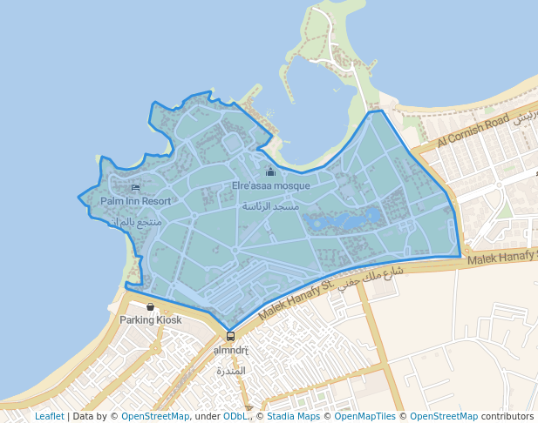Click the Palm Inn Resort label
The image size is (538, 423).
pos(135,201)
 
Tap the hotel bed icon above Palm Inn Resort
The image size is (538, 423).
pos(135,187)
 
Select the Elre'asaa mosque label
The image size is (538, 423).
pos(270,185)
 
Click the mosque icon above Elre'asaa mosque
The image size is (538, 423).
pos(270,171)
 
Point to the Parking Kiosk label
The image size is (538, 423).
pos(151,320)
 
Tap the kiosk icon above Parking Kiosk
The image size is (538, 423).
pos(151,306)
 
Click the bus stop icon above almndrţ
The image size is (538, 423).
pos(230,336)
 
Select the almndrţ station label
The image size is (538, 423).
pos(231,350)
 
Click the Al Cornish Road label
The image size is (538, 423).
pos(473,130)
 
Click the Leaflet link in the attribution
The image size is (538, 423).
pos(49,417)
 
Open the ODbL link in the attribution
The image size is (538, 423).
pos(235,417)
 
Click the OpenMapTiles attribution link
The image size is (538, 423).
pos(368,417)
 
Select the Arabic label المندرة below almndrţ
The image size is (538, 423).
pos(231,371)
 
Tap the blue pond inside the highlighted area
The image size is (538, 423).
pos(349,220)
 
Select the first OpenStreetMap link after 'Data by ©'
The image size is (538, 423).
pos(155,417)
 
